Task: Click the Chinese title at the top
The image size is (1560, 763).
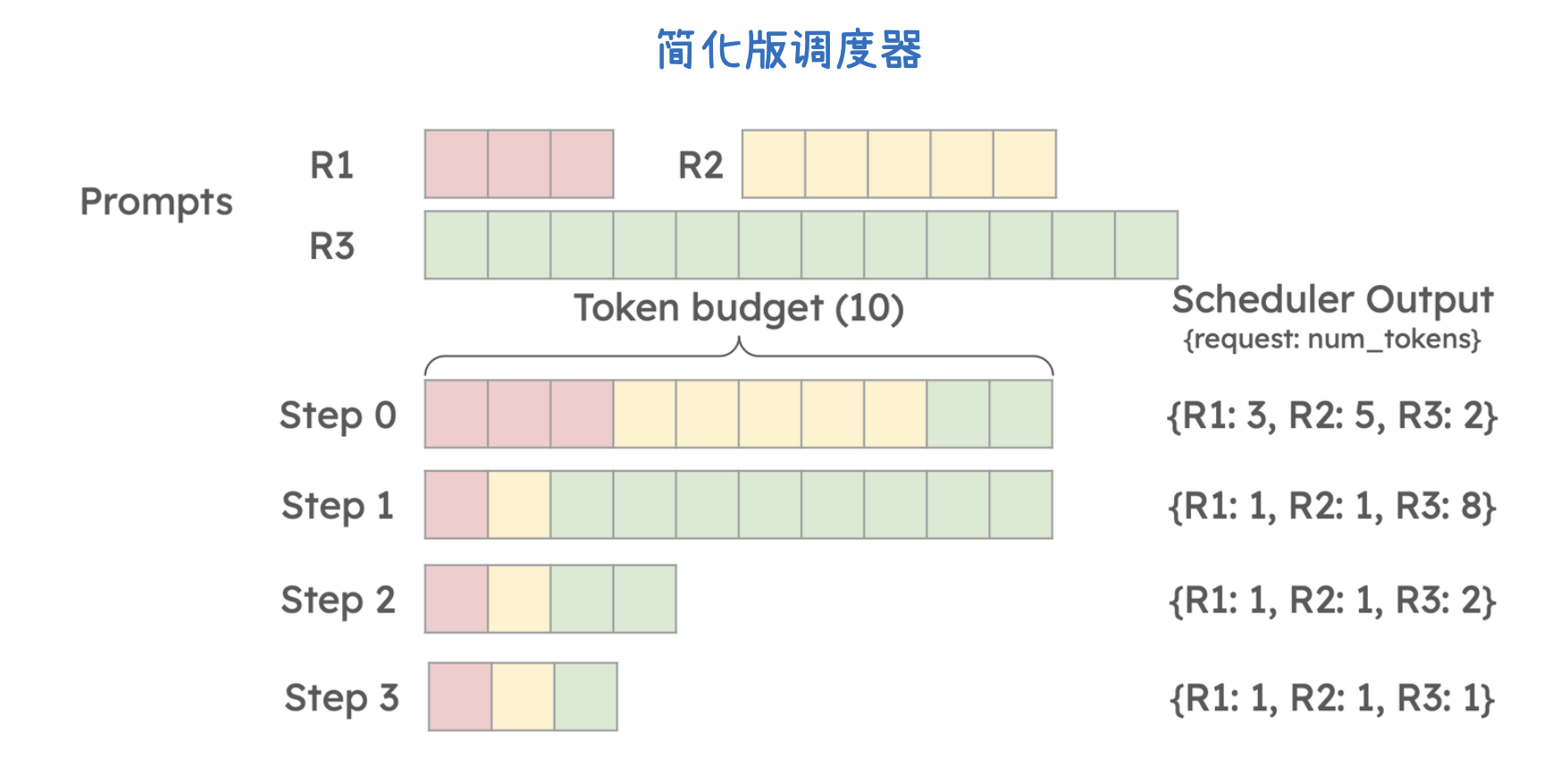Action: [x=789, y=50]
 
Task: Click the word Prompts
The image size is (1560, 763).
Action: [x=156, y=203]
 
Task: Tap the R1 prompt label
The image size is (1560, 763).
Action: [x=331, y=165]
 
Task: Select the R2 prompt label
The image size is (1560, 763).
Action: [x=700, y=165]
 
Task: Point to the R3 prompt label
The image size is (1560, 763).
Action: [x=331, y=246]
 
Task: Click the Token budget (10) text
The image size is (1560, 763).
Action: [x=738, y=308]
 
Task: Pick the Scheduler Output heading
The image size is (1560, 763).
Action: [x=1331, y=300]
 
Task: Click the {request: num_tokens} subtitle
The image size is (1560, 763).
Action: [x=1331, y=340]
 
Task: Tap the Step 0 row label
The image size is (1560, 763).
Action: [x=338, y=415]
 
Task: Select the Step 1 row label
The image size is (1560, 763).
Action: [x=338, y=506]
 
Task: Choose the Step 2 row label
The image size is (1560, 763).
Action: [x=338, y=599]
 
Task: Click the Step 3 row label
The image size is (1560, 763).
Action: [x=341, y=698]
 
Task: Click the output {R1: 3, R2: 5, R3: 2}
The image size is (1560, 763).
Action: [x=1331, y=416]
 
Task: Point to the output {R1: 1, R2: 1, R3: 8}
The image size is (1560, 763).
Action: [x=1331, y=507]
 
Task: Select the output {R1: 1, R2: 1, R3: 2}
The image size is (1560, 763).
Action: [x=1331, y=600]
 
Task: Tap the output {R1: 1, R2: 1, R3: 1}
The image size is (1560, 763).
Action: [x=1331, y=699]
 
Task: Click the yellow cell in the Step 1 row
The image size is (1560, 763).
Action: [x=519, y=505]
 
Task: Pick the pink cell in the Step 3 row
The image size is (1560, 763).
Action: [x=460, y=697]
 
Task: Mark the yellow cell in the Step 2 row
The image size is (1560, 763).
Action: [x=519, y=599]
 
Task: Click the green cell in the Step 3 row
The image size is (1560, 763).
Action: [x=585, y=697]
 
